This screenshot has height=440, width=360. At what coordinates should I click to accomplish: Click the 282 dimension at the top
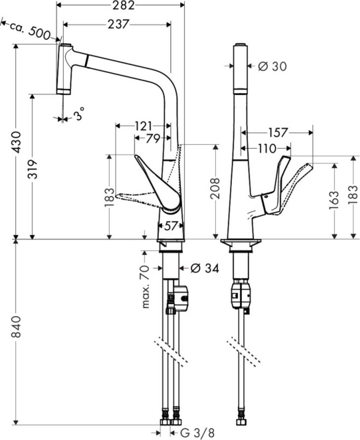121,5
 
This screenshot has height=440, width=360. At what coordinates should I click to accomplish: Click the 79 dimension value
152,138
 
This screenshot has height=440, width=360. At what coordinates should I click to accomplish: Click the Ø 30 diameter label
272,66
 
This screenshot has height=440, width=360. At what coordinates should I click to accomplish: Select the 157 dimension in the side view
278,133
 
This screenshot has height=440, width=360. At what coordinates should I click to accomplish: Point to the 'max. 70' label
146,286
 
